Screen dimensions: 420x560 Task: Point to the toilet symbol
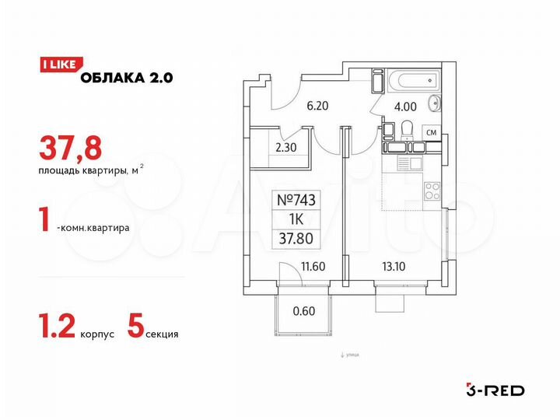[x=388, y=133]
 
